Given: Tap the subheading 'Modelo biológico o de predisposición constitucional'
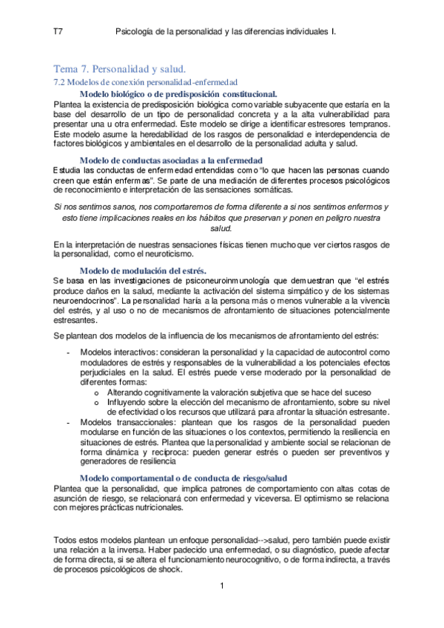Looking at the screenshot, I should click(x=178, y=94).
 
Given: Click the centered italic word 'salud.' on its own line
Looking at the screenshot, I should click(x=222, y=229).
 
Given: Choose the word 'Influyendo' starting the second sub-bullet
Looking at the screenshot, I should click(x=129, y=401).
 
